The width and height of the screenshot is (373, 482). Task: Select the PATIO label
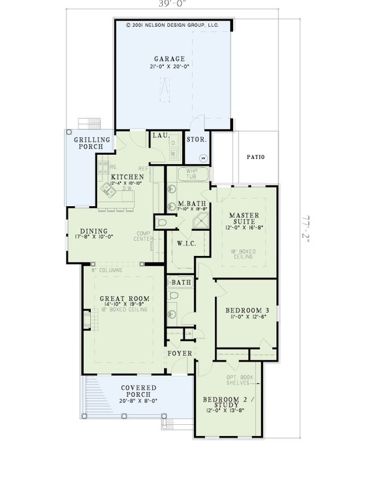(255, 157)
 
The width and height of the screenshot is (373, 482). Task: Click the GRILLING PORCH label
(93, 143)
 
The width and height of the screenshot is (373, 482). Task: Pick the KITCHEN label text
(127, 177)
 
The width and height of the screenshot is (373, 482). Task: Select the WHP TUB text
(187, 175)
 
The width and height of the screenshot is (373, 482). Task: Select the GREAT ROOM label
(124, 299)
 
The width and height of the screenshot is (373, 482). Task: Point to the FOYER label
(179, 353)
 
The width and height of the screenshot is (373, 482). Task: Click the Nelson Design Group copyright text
(172, 25)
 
